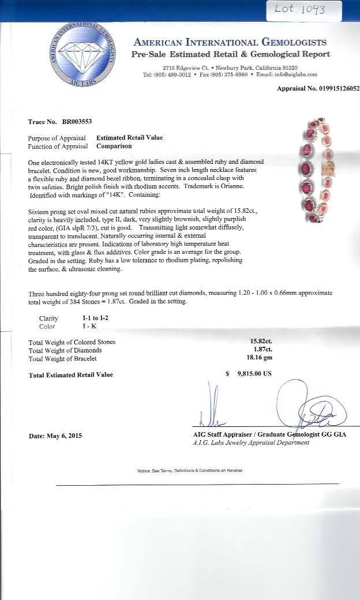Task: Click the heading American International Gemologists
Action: point(230,42)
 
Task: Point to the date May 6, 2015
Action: point(55,436)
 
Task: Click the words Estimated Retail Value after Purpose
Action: point(129,138)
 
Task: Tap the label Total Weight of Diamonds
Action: point(65,350)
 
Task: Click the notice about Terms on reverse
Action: point(190,471)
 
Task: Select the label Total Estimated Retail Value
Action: point(71,375)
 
